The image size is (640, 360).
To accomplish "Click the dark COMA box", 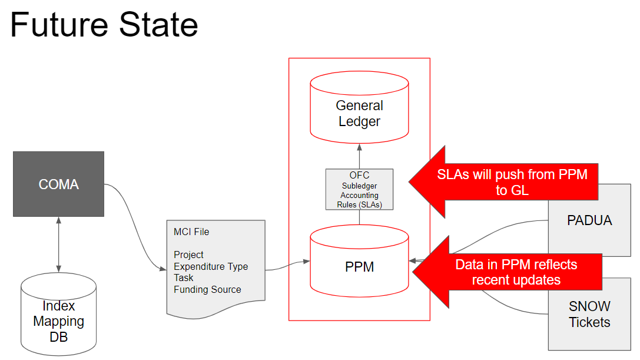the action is pos(58,184).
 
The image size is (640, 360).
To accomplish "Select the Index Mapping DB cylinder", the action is pos(58,314).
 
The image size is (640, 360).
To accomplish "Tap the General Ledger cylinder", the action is pos(359,107).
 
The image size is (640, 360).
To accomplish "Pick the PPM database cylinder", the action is pos(359,261).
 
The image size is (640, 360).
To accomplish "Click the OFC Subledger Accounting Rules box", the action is pos(359,189).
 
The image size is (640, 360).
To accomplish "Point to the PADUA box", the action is pos(589,220).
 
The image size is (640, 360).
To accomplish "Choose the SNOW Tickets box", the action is pos(589,314).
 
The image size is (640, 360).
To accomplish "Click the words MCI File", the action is pos(191,232).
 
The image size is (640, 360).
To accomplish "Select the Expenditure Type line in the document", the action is pos(211,266).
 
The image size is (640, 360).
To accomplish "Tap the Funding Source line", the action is pos(207,289).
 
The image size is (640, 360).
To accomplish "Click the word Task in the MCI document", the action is pos(184,278).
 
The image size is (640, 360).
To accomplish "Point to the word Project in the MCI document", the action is pos(188,255).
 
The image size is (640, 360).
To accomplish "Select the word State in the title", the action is pos(159,25).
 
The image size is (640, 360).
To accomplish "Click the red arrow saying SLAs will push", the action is pos(503,182).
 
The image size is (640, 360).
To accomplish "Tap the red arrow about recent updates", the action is pos(508,272).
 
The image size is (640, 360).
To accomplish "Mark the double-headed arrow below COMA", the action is pos(58,245).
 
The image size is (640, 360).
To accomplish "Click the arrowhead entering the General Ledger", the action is pos(359,147).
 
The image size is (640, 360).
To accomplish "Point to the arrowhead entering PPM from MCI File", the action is pos(306,261).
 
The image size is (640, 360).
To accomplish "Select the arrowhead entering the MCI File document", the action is pos(163,269).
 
